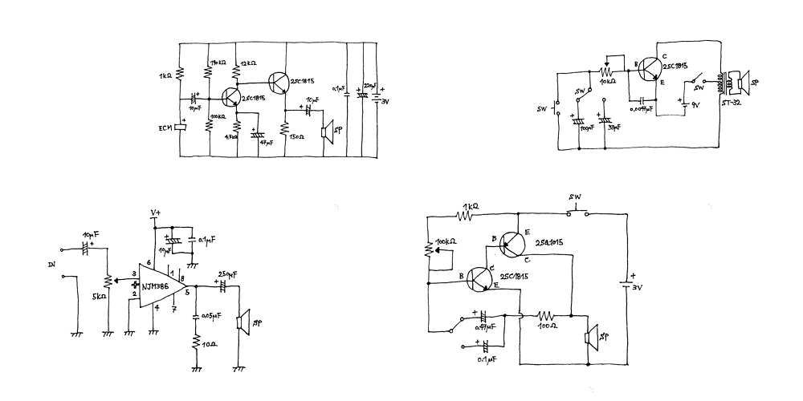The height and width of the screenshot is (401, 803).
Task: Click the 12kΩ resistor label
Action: (247, 63)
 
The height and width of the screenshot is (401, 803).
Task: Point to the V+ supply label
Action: (157, 213)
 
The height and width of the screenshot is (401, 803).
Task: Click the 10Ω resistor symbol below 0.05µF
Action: (196, 343)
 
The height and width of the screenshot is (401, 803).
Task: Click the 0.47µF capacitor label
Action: (484, 328)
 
